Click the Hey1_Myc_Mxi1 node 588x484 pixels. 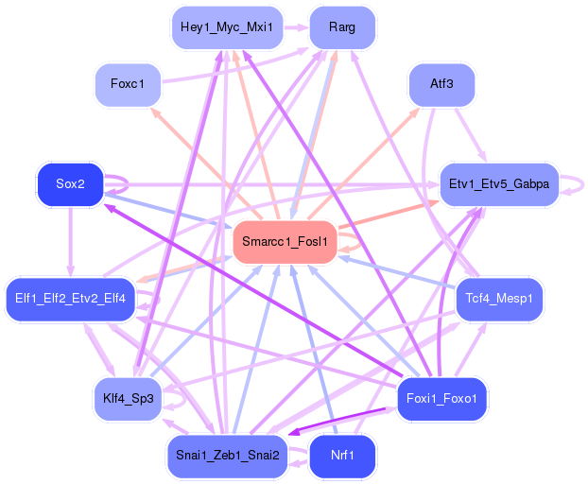[226, 27]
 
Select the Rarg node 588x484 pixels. [342, 27]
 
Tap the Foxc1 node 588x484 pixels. [127, 84]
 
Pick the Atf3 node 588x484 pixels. [441, 84]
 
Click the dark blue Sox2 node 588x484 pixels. [70, 183]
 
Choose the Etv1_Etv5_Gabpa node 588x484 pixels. [499, 183]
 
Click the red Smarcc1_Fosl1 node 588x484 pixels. [285, 242]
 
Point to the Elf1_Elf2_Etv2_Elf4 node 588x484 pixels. [71, 299]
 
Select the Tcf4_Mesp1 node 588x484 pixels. [499, 299]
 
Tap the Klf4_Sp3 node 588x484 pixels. [128, 398]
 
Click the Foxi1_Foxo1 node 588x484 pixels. [441, 398]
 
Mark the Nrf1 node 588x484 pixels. [342, 456]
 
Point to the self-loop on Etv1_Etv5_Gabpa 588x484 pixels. [572, 183]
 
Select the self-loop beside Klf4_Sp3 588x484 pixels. [175, 400]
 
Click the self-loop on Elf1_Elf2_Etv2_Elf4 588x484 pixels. [151, 300]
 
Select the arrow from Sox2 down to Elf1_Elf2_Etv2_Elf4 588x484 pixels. [71, 241]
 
